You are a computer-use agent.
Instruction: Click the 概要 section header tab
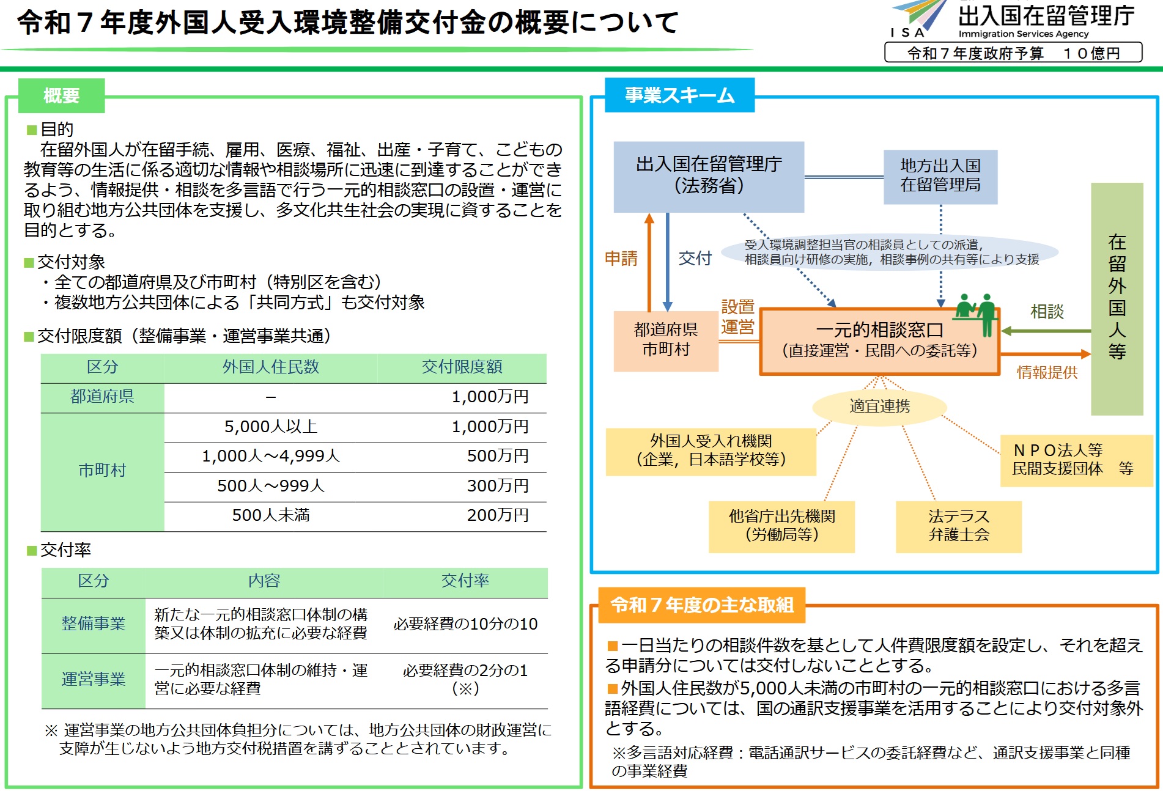(x=61, y=95)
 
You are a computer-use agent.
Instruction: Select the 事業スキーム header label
(x=679, y=95)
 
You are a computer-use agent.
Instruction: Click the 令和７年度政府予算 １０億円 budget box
(x=1013, y=53)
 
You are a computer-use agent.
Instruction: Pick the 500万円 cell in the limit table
(x=497, y=456)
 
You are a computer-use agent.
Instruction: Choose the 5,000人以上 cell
(x=270, y=427)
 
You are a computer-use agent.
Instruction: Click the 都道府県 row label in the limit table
(x=102, y=397)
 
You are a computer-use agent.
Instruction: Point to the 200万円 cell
(x=497, y=515)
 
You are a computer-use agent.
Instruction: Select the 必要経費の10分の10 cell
(x=465, y=624)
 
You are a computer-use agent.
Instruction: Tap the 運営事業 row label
(x=93, y=679)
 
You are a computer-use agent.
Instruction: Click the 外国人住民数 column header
(x=270, y=367)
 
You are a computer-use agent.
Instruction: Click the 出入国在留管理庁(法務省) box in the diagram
(x=709, y=176)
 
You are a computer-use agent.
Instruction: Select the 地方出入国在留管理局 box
(x=940, y=176)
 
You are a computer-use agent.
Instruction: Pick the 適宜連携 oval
(x=879, y=407)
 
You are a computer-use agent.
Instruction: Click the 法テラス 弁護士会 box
(x=958, y=526)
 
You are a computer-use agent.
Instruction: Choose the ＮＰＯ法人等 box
(x=1075, y=460)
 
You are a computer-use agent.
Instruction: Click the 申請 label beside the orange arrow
(x=621, y=259)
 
